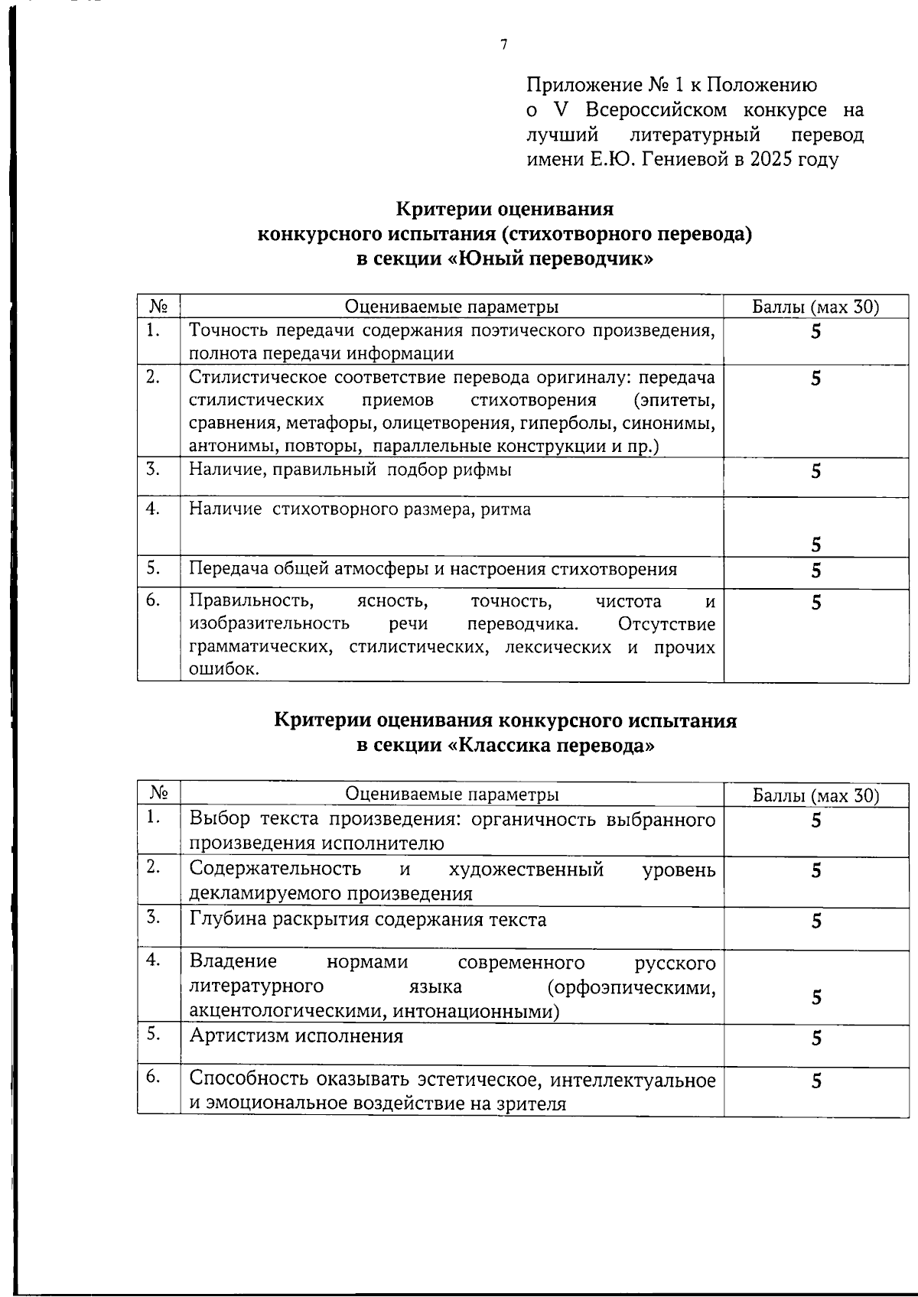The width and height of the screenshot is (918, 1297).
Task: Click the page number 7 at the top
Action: tap(503, 45)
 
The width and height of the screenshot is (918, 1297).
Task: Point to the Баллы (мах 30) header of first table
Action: tap(815, 307)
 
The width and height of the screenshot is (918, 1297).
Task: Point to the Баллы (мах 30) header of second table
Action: tap(815, 795)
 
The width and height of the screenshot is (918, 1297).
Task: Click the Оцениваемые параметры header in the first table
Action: tap(451, 307)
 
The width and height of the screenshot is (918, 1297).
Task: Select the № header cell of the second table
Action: tap(158, 793)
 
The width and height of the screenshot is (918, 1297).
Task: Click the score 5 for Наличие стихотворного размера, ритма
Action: tap(815, 544)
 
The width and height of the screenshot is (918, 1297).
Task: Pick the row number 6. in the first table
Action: tap(154, 600)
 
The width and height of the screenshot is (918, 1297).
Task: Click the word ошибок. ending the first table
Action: tap(213, 670)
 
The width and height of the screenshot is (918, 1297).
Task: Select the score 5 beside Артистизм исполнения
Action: tap(816, 1039)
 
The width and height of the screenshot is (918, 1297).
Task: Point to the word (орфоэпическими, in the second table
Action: tap(632, 987)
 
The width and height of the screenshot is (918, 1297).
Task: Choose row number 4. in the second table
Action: tap(154, 960)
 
